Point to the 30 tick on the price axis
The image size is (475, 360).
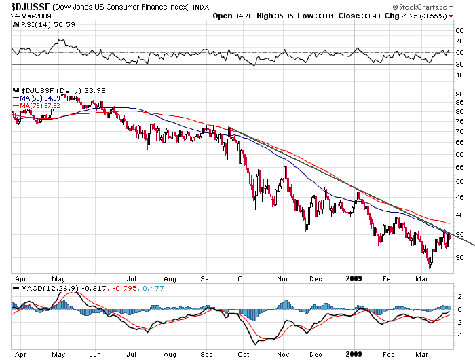pyautogui.click(x=459, y=257)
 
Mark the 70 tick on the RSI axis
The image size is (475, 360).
pyautogui.click(x=459, y=41)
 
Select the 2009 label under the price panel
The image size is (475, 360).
pyautogui.click(x=354, y=278)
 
